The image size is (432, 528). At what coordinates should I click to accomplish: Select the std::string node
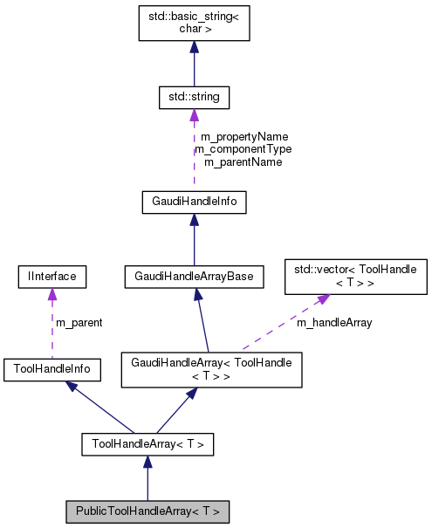194,97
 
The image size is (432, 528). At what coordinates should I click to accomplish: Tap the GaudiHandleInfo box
194,202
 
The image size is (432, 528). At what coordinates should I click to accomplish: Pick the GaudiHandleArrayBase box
194,277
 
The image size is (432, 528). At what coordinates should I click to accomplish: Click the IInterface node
51,277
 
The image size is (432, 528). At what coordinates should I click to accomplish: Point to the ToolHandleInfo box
51,369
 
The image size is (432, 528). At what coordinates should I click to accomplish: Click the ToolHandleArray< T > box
147,444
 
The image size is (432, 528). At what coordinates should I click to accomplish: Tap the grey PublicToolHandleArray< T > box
147,511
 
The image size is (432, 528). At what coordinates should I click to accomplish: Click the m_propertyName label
243,137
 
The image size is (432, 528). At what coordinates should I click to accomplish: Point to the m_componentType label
243,149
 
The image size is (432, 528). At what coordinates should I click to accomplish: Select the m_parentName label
243,161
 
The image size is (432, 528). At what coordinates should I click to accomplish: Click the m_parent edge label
79,323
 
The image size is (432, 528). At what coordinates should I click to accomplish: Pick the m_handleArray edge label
334,323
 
